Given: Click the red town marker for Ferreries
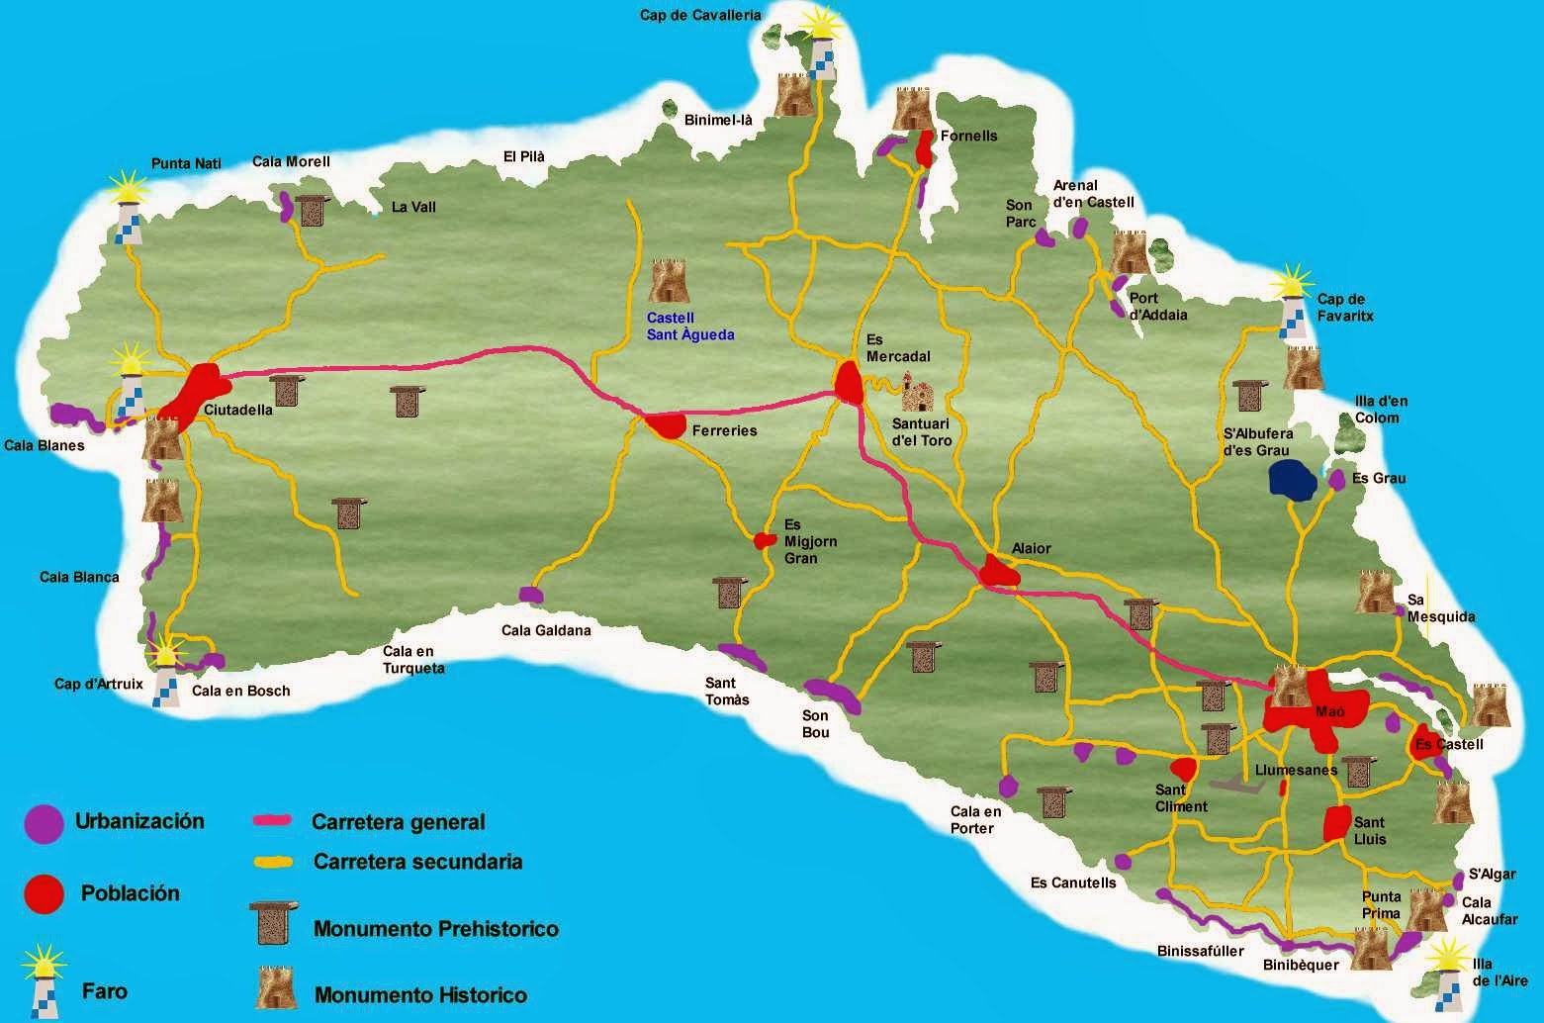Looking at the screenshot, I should (x=667, y=425).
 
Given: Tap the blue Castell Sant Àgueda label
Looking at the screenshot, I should (x=690, y=326).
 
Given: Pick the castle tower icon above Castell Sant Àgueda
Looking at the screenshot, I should (x=668, y=281).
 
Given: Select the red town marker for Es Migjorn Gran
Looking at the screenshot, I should (x=765, y=540).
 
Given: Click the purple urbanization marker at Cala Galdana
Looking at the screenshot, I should (x=531, y=595).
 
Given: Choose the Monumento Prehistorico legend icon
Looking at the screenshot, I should (x=274, y=925).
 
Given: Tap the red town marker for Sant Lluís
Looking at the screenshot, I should (x=1337, y=823).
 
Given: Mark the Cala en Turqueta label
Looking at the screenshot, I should (x=413, y=660).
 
